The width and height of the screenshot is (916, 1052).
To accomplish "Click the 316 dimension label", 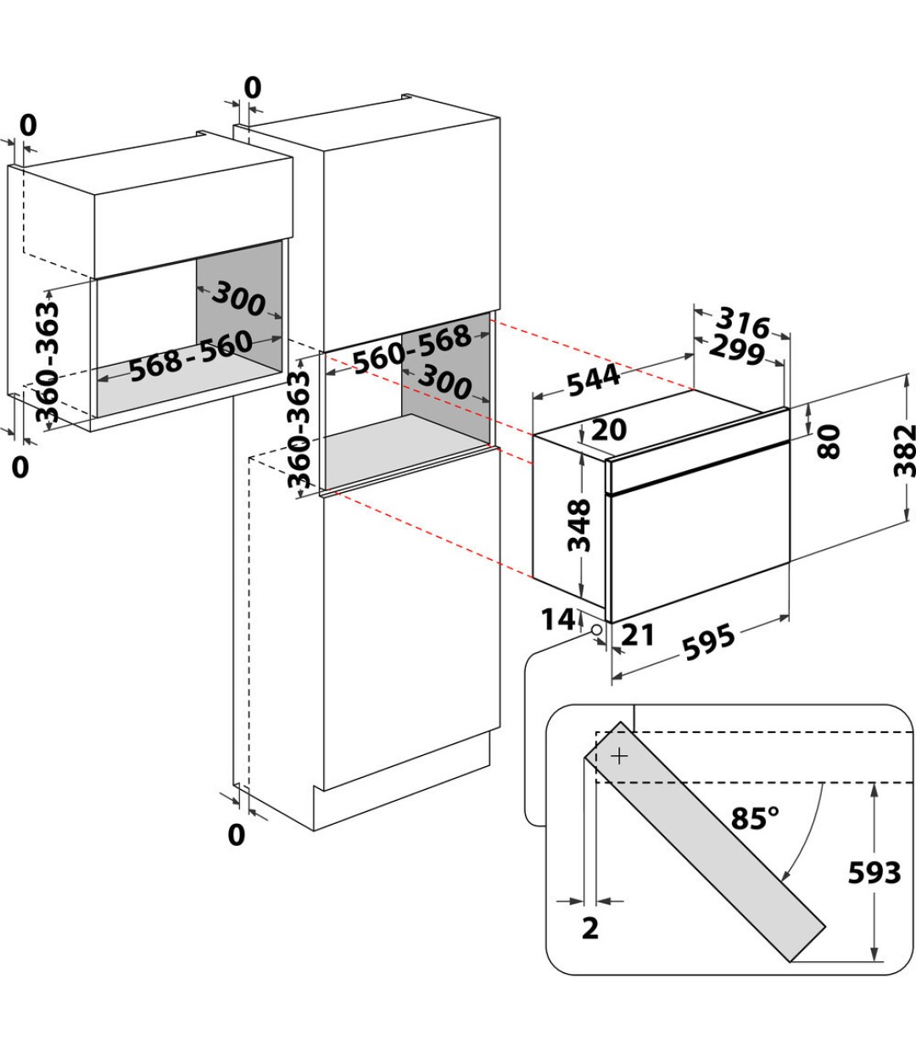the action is click(743, 323).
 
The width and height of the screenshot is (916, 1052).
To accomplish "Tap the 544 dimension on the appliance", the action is click(594, 380).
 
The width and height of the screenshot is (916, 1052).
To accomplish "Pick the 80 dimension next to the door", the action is click(829, 441).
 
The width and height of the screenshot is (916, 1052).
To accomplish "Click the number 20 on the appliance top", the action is click(609, 430).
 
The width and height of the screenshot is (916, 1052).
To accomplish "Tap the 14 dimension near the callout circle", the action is click(558, 619).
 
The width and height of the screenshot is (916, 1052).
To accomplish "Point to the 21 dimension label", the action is click(638, 635).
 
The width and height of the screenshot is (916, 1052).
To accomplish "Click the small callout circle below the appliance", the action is click(596, 630).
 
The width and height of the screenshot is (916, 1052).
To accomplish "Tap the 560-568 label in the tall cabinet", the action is click(412, 349).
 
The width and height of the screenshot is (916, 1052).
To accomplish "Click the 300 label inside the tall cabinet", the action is click(444, 383).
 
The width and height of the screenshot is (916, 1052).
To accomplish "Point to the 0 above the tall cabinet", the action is click(253, 88).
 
